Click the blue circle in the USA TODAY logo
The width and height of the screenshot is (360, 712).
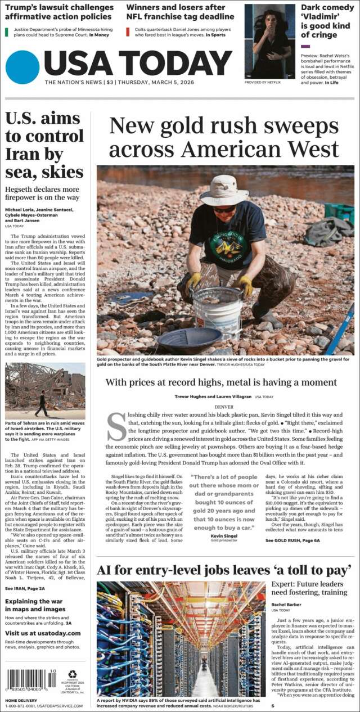coord(22,67)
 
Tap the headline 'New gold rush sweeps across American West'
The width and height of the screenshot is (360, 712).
coord(224,138)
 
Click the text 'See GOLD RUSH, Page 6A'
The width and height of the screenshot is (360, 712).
coord(292,540)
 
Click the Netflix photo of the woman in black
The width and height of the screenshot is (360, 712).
coord(269,42)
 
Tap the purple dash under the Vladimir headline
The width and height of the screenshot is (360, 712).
coord(305,46)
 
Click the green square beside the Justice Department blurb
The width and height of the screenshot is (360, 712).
coord(7,31)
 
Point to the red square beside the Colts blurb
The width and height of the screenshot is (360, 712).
coord(128,31)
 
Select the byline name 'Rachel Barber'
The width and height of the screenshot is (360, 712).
coord(286,605)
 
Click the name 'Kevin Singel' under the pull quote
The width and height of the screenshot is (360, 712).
coord(223,536)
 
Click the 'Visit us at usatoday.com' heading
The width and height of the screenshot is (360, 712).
coord(43,633)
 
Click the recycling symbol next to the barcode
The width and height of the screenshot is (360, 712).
coord(73,674)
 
